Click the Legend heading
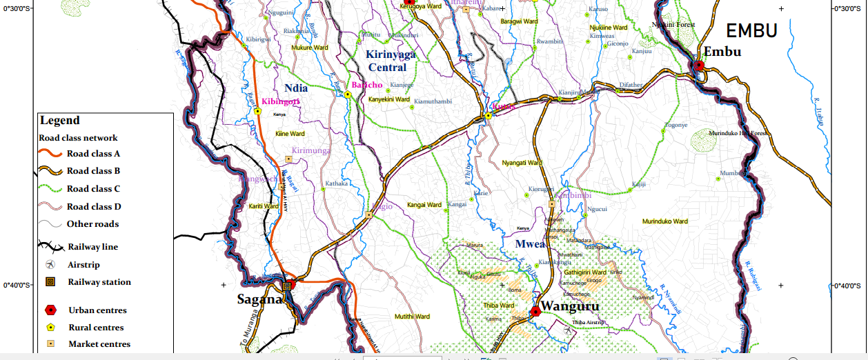click(60, 121)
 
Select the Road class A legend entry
click(93, 154)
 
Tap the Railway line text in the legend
click(92, 247)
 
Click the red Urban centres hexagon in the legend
click(50, 310)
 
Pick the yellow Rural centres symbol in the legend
click(50, 328)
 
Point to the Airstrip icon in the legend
click(50, 265)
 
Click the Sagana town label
click(259, 300)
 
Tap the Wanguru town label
click(569, 306)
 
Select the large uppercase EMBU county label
click(751, 30)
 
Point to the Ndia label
click(295, 88)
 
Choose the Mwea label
click(531, 244)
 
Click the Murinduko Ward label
click(665, 221)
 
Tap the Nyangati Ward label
click(522, 163)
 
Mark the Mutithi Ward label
click(412, 317)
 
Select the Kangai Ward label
click(424, 205)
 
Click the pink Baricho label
click(367, 85)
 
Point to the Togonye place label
click(675, 125)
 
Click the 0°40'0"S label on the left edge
click(18, 285)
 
